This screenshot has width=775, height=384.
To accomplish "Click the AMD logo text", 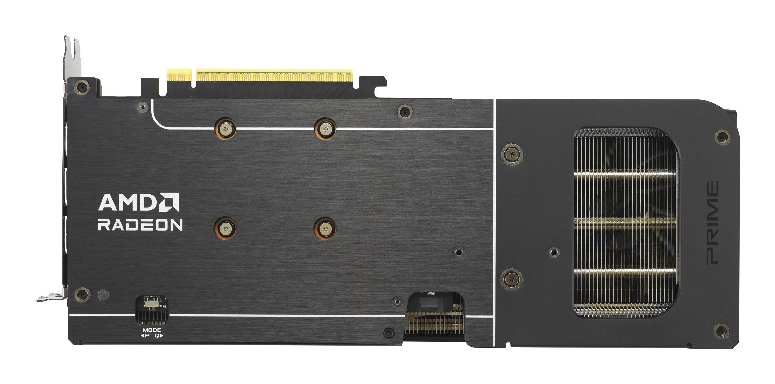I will (x=138, y=202).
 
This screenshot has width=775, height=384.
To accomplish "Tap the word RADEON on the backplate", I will (x=140, y=224).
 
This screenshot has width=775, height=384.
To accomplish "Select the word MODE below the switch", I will (x=152, y=330).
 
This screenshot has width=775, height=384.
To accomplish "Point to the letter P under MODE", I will (x=147, y=336).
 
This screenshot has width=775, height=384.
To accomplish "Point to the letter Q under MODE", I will (x=157, y=336).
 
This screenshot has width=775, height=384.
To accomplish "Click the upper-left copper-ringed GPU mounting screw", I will (x=226, y=129).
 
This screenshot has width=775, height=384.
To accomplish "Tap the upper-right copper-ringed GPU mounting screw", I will (x=325, y=129).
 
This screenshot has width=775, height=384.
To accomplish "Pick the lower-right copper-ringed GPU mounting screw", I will (x=325, y=228).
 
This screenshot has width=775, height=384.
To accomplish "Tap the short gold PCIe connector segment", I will (x=179, y=76).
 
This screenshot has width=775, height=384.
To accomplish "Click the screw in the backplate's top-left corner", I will (x=82, y=86).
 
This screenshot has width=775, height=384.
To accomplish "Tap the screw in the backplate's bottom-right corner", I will (x=722, y=332).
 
